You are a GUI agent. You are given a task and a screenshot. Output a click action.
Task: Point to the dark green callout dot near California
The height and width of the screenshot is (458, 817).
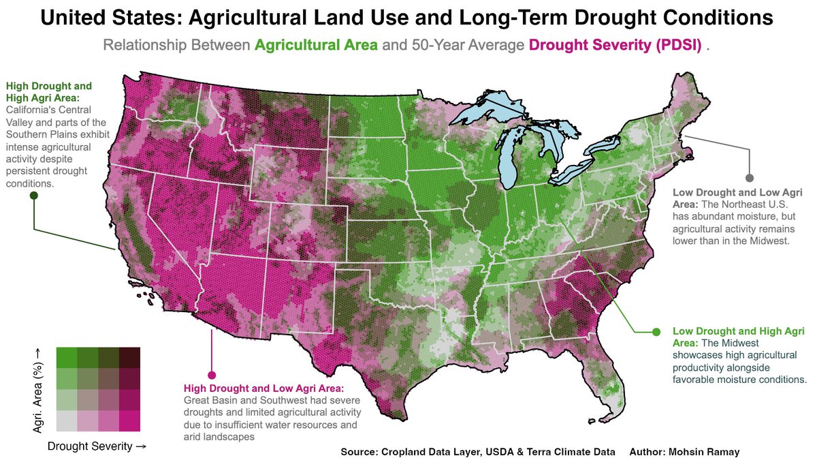point(34,196)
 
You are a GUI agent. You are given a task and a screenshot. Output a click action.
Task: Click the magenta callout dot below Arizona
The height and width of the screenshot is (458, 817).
point(211,375)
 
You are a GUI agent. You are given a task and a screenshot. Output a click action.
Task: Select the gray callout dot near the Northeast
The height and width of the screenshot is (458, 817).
point(750,178)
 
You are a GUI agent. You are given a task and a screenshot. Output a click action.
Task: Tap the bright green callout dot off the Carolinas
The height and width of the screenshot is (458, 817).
point(656,332)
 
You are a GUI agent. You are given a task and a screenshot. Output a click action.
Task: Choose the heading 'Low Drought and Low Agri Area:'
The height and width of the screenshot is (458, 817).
point(737,198)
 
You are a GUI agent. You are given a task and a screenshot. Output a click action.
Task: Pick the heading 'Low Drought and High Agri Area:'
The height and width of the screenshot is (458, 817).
point(738,337)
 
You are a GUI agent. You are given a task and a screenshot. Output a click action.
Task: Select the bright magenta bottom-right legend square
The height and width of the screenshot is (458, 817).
point(129,421)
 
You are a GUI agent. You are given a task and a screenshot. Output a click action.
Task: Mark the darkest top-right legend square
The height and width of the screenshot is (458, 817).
point(129,357)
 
